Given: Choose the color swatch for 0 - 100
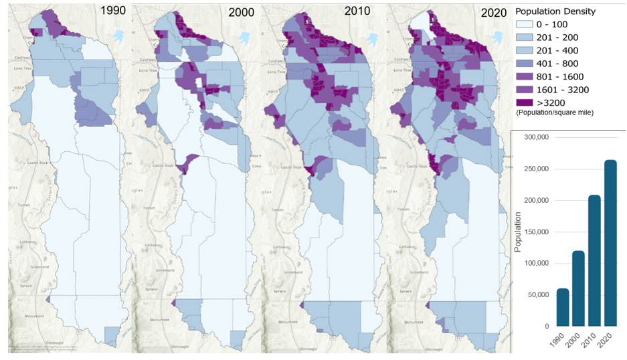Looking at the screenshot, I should pyautogui.click(x=525, y=25).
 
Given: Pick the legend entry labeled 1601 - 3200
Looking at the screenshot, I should pyautogui.click(x=561, y=90).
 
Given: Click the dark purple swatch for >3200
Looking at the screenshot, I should pyautogui.click(x=525, y=102).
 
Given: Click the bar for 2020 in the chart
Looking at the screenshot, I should pyautogui.click(x=610, y=243).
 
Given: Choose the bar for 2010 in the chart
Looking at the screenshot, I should pyautogui.click(x=594, y=261).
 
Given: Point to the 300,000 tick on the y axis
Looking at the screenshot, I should pyautogui.click(x=535, y=137).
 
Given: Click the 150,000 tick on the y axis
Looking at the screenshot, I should pyautogui.click(x=535, y=232).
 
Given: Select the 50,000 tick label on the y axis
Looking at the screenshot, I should pyautogui.click(x=537, y=294).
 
